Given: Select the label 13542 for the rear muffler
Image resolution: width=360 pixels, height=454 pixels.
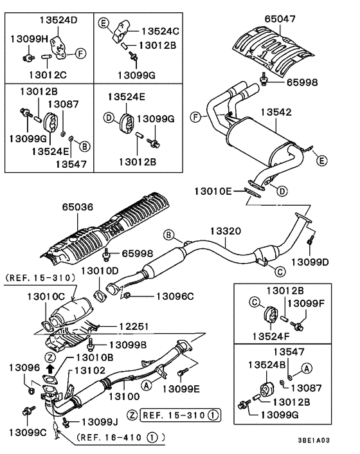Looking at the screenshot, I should point(277,111).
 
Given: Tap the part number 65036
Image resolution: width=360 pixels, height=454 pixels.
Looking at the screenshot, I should point(78,208).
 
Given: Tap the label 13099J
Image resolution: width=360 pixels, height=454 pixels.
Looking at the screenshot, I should point(100,421).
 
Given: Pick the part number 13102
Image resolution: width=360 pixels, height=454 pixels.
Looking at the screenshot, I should point(89,370).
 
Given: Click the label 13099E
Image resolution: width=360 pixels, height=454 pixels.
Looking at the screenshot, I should point(181,388).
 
